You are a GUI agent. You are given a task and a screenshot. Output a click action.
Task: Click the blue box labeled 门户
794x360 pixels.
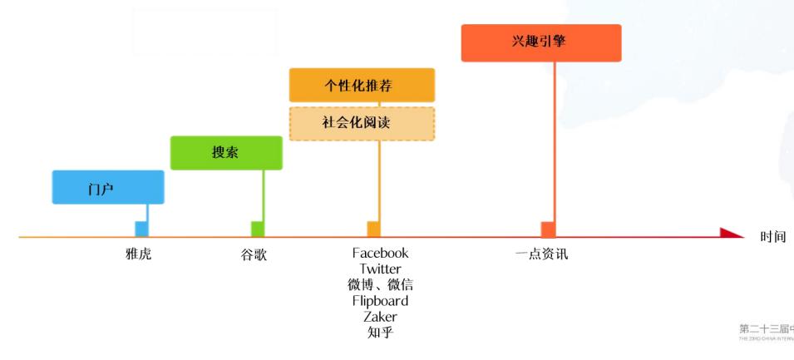pos(108,187)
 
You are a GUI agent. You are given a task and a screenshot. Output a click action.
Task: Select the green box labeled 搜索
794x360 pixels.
pos(226,153)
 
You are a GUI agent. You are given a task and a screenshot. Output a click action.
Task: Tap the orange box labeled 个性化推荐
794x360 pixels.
pos(362,85)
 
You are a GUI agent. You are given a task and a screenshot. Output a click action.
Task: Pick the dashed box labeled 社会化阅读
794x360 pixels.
pos(362,123)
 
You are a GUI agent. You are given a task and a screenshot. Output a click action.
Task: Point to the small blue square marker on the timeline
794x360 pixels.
pos(141,229)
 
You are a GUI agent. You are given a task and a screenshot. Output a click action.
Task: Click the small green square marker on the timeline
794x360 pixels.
pos(258,229)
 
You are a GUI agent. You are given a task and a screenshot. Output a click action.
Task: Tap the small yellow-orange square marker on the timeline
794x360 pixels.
pos(373,229)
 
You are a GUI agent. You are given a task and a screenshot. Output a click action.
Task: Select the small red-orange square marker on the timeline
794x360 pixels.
pos(548,229)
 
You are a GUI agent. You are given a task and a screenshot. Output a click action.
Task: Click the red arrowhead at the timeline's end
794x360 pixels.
pos(731,234)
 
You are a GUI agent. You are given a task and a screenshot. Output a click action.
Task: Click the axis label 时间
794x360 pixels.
pos(772,237)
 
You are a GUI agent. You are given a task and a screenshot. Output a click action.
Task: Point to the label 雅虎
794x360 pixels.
pos(139,254)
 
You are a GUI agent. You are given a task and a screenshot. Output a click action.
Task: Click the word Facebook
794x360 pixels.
pos(380,253)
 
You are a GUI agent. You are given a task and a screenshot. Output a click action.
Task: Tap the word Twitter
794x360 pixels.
pos(380,269)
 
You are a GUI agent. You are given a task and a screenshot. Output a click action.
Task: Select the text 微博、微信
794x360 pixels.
pos(380,284)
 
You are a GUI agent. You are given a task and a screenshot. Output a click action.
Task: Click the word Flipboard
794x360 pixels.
pos(380,300)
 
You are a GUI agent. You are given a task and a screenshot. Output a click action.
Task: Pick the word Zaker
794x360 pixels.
pos(380,316)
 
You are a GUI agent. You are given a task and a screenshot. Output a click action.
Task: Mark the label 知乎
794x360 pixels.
pos(380,333)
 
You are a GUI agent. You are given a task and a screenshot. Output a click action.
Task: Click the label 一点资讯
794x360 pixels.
pos(541,254)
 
